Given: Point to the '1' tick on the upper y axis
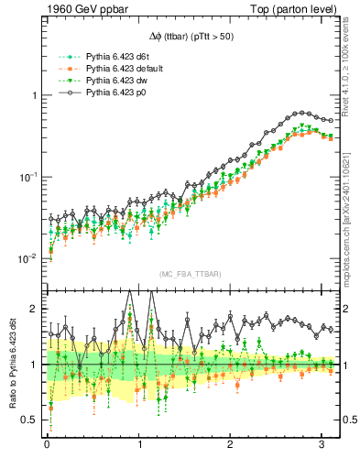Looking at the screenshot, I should pos(34,96).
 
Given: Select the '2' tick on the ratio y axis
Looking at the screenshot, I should pos(34,310).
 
